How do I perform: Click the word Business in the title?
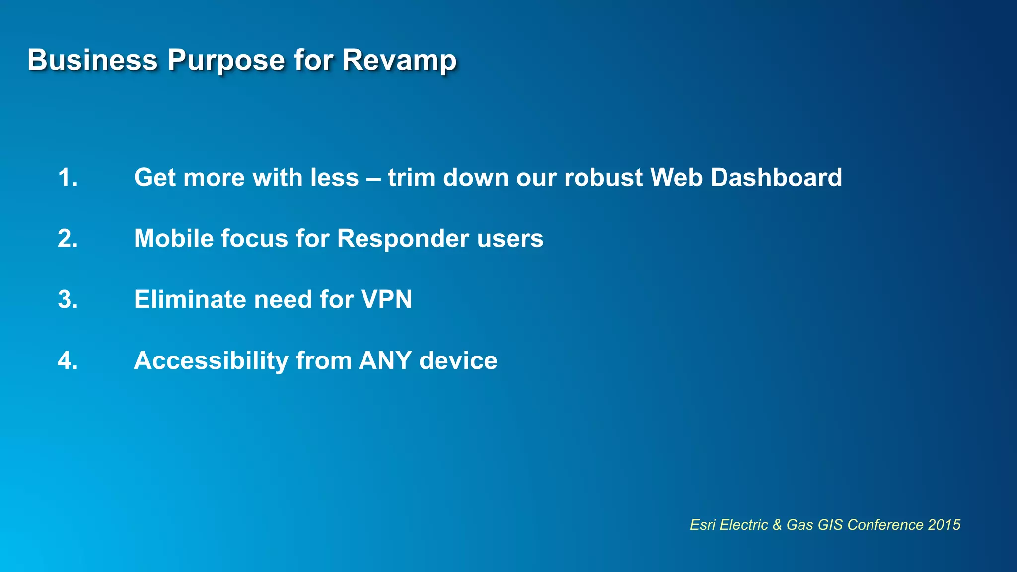coord(92,60)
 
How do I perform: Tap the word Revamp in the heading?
coord(399,60)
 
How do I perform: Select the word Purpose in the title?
coord(226,60)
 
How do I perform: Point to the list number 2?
coord(68,239)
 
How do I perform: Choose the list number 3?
coord(68,300)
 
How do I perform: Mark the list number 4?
coord(68,361)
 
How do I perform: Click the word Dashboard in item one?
coord(776,178)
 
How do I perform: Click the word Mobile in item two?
coord(173,239)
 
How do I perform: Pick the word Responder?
coord(403,239)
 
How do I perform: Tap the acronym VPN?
coord(386,300)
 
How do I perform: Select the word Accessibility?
coord(211,361)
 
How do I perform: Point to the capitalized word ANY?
coord(385,361)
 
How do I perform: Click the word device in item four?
coord(458,361)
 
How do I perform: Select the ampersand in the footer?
coord(777,525)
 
